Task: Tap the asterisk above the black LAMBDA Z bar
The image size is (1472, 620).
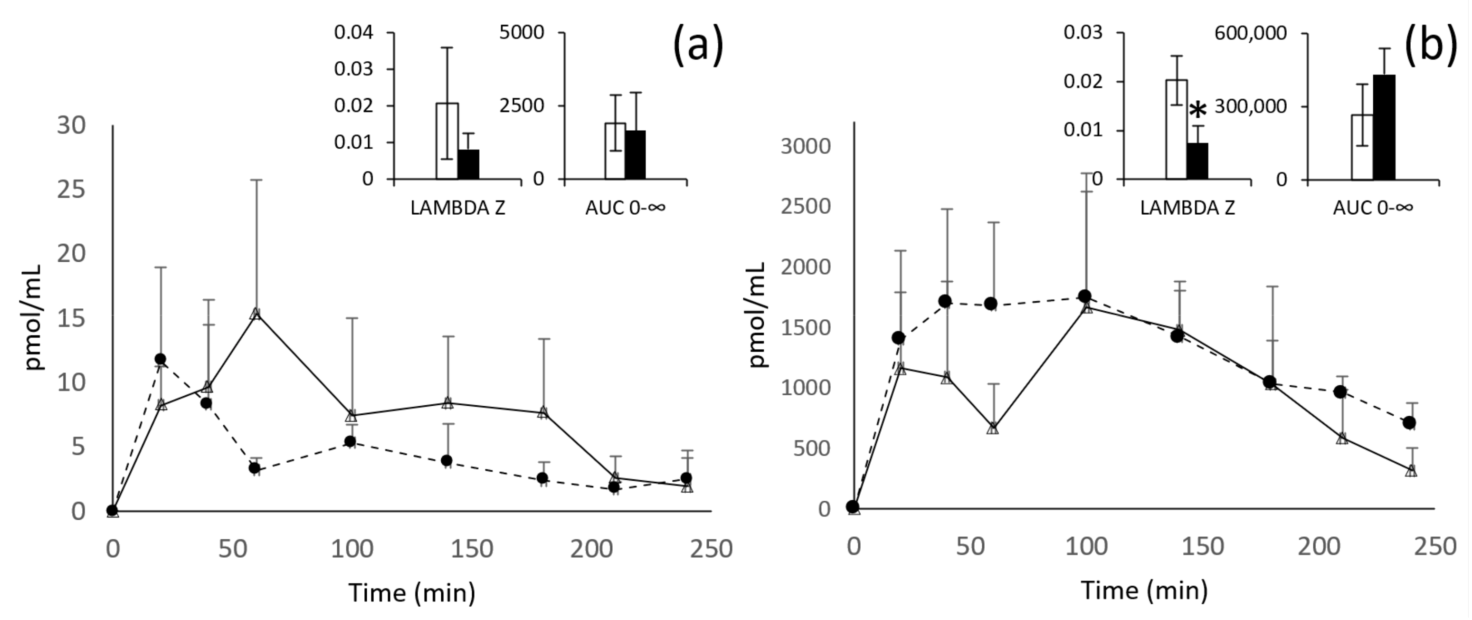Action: pos(1198,110)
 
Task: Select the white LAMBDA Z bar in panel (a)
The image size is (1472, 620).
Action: pos(447,141)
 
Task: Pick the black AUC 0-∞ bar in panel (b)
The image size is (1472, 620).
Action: pos(1384,127)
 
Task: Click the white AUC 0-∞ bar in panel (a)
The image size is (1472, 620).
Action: pos(616,151)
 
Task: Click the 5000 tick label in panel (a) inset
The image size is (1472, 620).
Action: pos(522,33)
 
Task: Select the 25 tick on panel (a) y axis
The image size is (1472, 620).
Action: pos(71,189)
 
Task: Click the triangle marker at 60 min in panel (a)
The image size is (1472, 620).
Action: pos(256,314)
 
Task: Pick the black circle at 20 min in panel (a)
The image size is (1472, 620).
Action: pos(161,359)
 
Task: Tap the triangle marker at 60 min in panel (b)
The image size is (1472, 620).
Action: pos(993,429)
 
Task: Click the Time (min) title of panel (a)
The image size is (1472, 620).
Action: pos(412,592)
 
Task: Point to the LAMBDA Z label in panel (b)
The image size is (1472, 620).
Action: pos(1187,208)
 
